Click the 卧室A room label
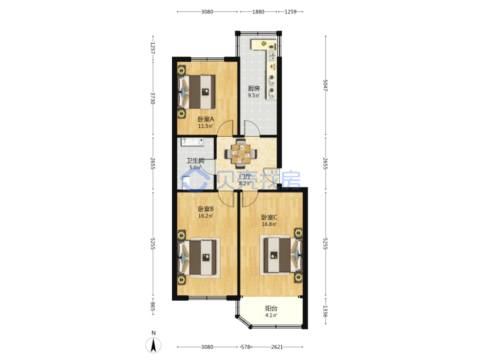(x=206, y=119)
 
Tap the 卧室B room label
(x=206, y=209)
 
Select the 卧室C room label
(x=269, y=217)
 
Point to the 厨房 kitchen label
(x=254, y=89)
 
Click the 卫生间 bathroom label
(x=195, y=161)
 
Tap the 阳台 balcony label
(x=271, y=308)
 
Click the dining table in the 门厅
(x=241, y=154)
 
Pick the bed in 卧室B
(x=199, y=258)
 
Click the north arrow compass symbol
(x=153, y=345)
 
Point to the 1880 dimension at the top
(x=259, y=11)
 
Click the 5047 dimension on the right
(x=325, y=85)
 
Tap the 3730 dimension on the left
(x=153, y=99)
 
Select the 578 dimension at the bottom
(x=246, y=347)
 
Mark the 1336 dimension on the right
(x=325, y=311)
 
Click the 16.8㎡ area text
(x=269, y=224)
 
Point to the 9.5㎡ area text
(x=254, y=95)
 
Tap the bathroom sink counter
(x=192, y=143)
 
